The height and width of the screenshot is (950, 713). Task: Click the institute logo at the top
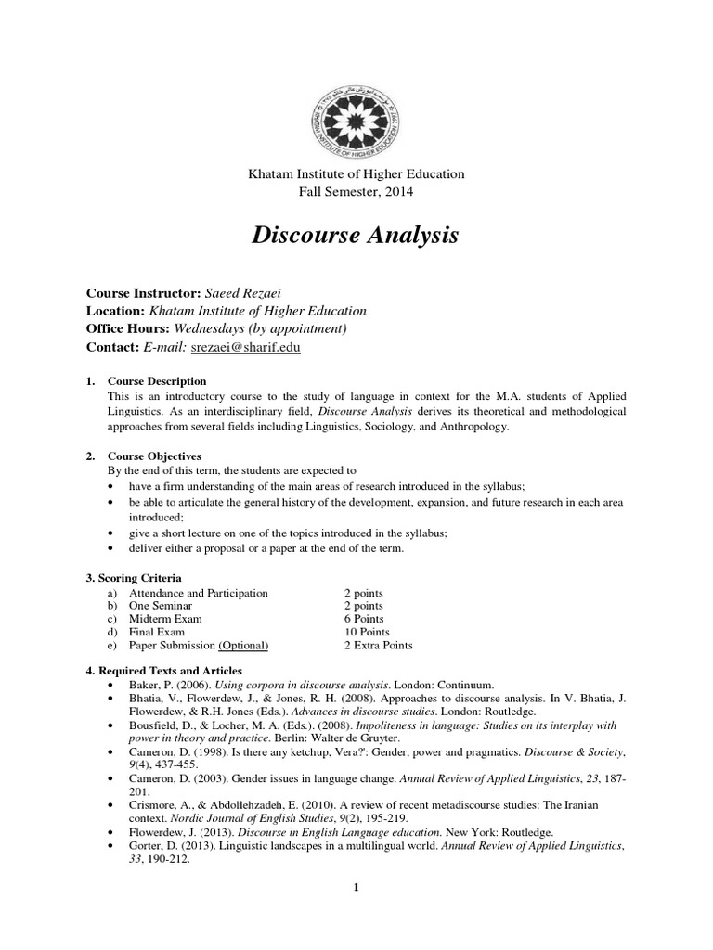click(356, 116)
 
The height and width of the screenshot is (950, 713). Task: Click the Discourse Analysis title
click(355, 237)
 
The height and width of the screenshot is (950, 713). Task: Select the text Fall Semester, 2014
click(355, 192)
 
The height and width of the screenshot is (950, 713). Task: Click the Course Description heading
click(157, 381)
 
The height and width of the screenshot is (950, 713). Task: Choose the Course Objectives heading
click(154, 456)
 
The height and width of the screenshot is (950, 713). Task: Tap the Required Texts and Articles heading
click(164, 670)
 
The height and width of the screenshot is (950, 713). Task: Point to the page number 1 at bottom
click(356, 888)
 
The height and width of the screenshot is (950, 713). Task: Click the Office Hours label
click(129, 328)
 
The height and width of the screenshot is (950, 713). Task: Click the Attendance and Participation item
click(198, 593)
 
